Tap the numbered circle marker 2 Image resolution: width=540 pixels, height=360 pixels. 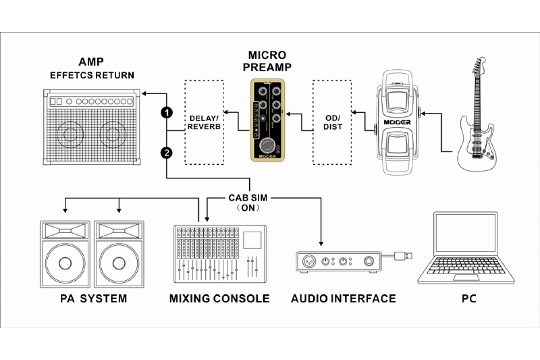coord(167,153)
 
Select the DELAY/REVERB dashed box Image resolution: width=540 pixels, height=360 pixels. coord(204,122)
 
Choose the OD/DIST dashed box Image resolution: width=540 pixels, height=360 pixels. coord(333,122)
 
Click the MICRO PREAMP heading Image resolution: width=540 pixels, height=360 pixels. coord(267,61)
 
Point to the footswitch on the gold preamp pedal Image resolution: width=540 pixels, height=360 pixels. coord(267,145)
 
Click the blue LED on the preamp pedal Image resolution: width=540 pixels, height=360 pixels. coord(262,118)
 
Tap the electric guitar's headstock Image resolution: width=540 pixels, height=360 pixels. coord(477,66)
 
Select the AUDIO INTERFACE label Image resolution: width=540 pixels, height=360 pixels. coord(343,298)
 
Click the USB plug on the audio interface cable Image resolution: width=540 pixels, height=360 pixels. coord(403,256)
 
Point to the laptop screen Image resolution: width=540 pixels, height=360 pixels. coord(465,237)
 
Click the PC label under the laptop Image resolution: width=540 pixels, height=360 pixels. coord(469,298)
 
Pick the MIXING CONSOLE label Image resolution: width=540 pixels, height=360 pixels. coord(220,298)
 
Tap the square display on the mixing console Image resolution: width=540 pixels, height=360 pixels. coord(252,240)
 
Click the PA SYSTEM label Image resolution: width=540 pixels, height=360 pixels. coord(94,298)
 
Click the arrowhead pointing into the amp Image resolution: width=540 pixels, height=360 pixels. coord(144,94)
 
